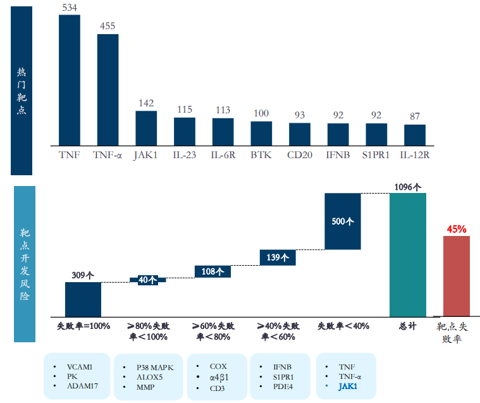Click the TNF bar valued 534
[x=70, y=79]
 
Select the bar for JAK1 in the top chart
[x=146, y=128]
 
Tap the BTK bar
[x=261, y=133]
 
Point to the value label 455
[x=108, y=26]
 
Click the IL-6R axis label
[x=223, y=154]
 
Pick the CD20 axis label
[x=300, y=154]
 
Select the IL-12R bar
[x=415, y=134]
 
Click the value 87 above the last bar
[x=415, y=116]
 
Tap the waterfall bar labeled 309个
[x=83, y=299]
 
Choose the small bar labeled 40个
[x=148, y=280]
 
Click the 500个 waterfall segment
[x=342, y=221]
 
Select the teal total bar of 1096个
[x=408, y=255]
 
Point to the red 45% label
[x=457, y=228]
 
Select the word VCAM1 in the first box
[x=80, y=367]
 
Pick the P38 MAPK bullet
[x=155, y=367]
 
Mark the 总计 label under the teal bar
[x=408, y=326]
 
